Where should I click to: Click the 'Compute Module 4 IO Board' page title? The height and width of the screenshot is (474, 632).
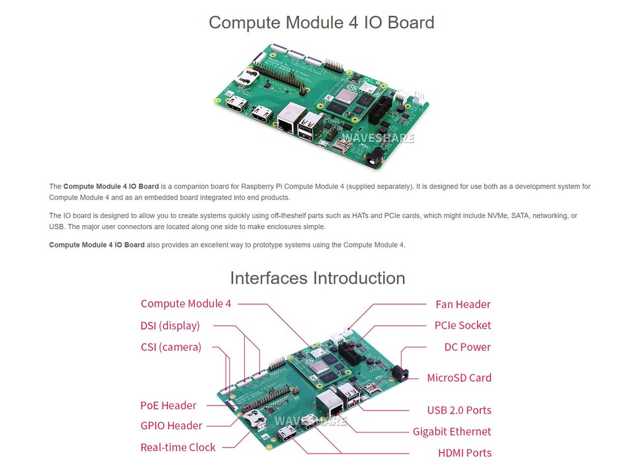coord(321,22)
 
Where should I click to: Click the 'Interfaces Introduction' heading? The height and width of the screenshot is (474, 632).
coord(317,278)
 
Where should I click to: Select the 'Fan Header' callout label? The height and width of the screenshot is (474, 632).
coord(463,304)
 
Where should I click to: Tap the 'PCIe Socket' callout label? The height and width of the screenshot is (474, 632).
coord(463,325)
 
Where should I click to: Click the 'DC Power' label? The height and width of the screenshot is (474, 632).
coord(467,347)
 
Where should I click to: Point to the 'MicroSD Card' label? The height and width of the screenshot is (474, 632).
coord(459,378)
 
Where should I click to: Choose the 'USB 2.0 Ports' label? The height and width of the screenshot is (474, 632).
coord(459,410)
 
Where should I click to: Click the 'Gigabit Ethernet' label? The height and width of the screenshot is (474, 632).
coord(452,432)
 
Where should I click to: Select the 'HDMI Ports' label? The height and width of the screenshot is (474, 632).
coord(464,453)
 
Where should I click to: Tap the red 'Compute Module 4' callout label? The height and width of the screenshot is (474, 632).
coord(186,303)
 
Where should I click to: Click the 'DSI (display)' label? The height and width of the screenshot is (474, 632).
coord(170,325)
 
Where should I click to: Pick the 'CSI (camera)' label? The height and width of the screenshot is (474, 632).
coord(171,347)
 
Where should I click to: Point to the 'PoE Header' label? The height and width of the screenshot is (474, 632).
coord(168,406)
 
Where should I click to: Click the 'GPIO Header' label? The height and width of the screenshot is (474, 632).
coord(171,426)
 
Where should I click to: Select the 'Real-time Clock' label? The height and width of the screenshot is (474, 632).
coord(178,447)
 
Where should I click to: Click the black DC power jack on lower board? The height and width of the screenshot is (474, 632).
coord(400,373)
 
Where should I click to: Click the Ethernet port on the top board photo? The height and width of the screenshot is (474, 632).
coord(288,122)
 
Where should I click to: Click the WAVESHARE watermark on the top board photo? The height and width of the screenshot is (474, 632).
coord(382,138)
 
